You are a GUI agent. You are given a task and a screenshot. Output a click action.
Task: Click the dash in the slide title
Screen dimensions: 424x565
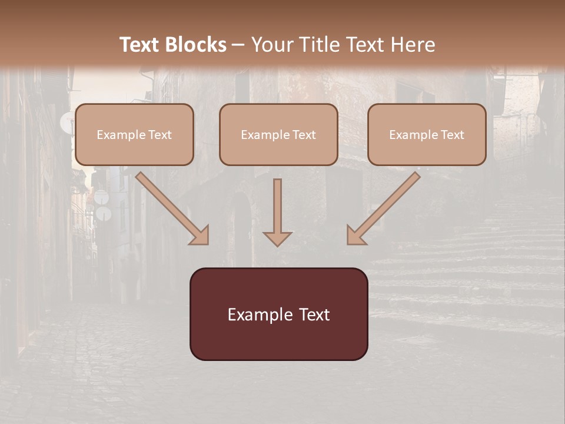pos(238,45)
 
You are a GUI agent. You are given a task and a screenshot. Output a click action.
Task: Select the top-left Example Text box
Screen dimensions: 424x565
pos(134,134)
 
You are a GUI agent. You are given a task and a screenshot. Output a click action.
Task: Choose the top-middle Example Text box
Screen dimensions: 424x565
pos(278,134)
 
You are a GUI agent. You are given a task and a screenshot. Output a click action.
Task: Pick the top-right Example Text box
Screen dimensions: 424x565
pos(427,134)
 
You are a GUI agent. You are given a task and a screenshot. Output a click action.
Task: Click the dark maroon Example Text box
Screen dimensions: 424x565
pos(278,314)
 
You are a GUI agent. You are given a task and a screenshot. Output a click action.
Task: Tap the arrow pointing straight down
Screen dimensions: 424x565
pos(277,212)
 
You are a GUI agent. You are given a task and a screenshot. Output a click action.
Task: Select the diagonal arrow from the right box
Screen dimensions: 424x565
pos(383,208)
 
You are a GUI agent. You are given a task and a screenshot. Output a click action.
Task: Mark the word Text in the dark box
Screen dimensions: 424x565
pos(315,314)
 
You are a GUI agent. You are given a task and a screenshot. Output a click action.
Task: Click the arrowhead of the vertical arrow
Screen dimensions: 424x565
pos(277,238)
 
